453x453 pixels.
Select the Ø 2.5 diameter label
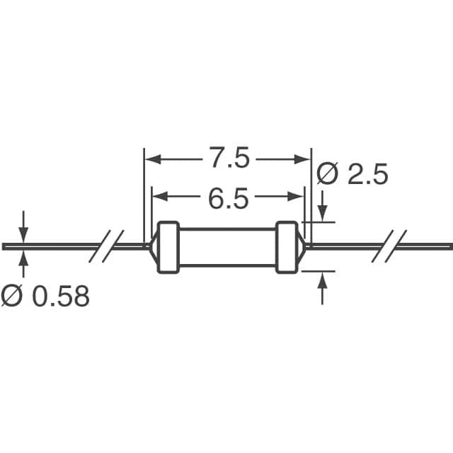(x=352, y=174)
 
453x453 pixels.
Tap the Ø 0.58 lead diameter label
(x=45, y=297)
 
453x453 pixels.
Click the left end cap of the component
(x=167, y=247)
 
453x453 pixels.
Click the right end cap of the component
(x=287, y=247)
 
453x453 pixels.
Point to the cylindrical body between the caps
(x=226, y=247)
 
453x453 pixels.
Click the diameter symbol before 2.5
(x=327, y=174)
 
